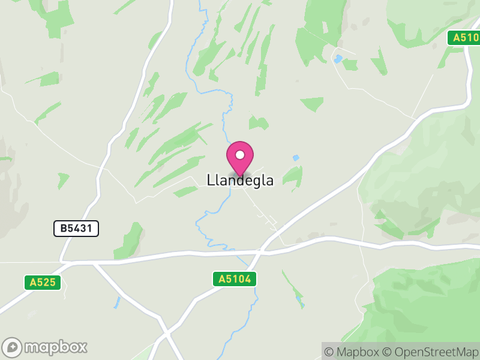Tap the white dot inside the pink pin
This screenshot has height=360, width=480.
(x=240, y=155)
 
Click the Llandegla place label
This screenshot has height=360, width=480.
(x=240, y=180)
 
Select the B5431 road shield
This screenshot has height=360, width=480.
(x=76, y=228)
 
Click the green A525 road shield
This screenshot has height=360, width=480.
(x=43, y=282)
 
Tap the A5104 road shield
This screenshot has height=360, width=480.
(x=234, y=279)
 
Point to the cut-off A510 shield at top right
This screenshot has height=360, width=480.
(x=463, y=38)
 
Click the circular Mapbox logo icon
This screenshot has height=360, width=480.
(x=12, y=347)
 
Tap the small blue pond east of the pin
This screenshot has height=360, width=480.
(x=296, y=158)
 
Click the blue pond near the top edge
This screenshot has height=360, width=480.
(x=339, y=59)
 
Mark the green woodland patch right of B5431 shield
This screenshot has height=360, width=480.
(x=131, y=240)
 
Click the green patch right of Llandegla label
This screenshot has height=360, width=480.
(x=293, y=175)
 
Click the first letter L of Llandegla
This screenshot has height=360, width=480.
(x=210, y=180)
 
